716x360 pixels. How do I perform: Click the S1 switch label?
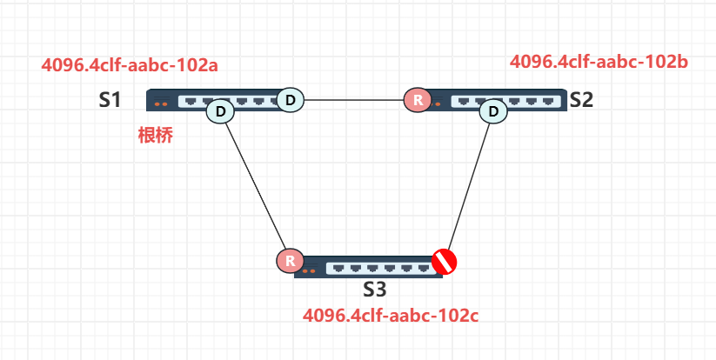click(x=109, y=99)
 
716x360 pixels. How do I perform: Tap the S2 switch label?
click(x=581, y=99)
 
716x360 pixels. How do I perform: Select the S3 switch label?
click(x=376, y=290)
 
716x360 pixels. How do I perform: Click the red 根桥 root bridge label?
click(x=156, y=136)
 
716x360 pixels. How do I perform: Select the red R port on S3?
click(x=289, y=260)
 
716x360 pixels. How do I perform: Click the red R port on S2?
click(x=418, y=100)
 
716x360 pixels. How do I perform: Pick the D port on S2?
click(x=494, y=111)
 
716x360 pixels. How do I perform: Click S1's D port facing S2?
click(x=291, y=100)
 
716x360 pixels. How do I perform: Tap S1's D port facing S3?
click(x=220, y=111)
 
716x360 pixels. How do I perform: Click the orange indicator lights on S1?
click(x=161, y=104)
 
